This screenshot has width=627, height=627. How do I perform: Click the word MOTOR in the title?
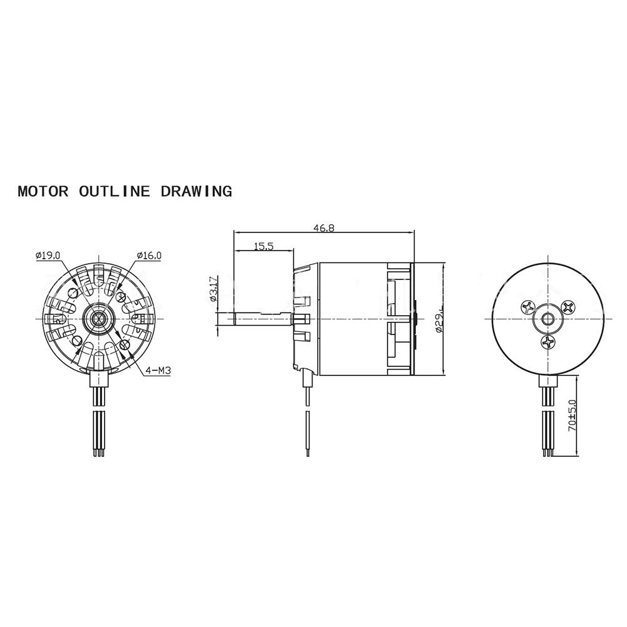[43, 191]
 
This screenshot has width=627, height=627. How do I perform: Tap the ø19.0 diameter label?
[48, 256]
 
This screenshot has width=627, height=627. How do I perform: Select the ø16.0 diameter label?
[149, 256]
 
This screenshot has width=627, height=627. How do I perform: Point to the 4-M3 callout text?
[158, 371]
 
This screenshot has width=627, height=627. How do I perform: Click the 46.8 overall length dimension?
[324, 229]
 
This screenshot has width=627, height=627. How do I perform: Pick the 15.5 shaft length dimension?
[264, 247]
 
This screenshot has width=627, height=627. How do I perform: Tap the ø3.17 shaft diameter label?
[213, 289]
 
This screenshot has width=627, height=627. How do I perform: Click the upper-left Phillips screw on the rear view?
[527, 307]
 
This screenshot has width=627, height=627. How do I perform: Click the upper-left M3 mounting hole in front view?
[76, 293]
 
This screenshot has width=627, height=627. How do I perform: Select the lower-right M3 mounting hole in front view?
[123, 344]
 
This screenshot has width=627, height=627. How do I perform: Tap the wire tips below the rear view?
[549, 452]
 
